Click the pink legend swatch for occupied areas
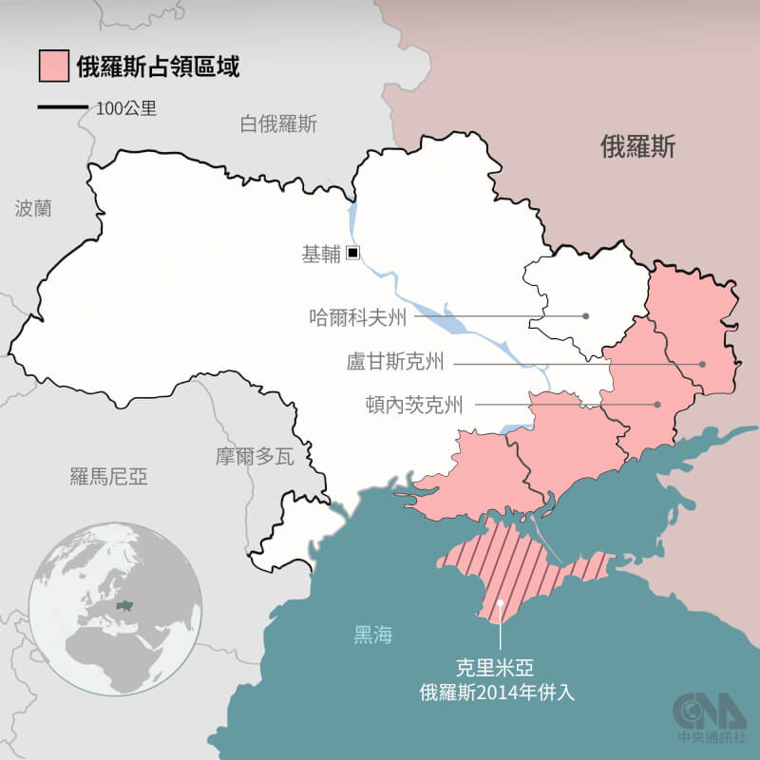pyautogui.click(x=53, y=66)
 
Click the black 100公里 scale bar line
pyautogui.click(x=63, y=108)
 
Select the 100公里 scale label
pyautogui.click(x=126, y=108)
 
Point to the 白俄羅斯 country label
pyautogui.click(x=278, y=124)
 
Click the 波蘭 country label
pyautogui.click(x=33, y=208)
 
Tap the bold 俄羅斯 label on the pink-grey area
pyautogui.click(x=638, y=146)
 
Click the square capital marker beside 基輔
pyautogui.click(x=352, y=253)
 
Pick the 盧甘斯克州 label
pyautogui.click(x=395, y=363)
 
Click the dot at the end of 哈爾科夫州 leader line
pyautogui.click(x=587, y=316)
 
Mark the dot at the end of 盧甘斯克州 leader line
pyautogui.click(x=703, y=363)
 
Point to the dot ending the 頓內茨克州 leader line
pyautogui.click(x=657, y=405)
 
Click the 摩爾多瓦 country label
pyautogui.click(x=255, y=456)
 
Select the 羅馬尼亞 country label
pyautogui.click(x=109, y=476)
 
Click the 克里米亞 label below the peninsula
pyautogui.click(x=501, y=669)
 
